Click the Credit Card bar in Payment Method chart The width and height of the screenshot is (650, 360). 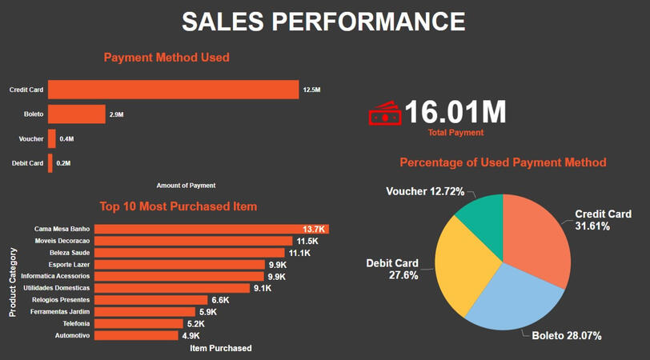[x=173, y=90]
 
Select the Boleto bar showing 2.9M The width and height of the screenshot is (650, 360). [x=76, y=114]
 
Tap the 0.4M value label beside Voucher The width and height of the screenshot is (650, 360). [x=66, y=139]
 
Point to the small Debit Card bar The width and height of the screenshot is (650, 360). [x=50, y=163]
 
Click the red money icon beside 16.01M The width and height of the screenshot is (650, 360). [x=385, y=114]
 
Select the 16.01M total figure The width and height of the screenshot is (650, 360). [x=455, y=112]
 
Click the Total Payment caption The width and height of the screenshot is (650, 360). [x=455, y=133]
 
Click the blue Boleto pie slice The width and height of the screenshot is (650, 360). [x=513, y=297]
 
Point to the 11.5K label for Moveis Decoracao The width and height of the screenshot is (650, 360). [x=307, y=241]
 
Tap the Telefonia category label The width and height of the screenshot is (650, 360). [x=74, y=324]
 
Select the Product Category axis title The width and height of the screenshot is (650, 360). [x=13, y=282]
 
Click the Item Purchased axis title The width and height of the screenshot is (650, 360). [x=220, y=348]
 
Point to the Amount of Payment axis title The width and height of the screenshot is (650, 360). [x=186, y=186]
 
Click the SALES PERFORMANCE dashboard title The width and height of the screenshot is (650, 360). [x=323, y=22]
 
